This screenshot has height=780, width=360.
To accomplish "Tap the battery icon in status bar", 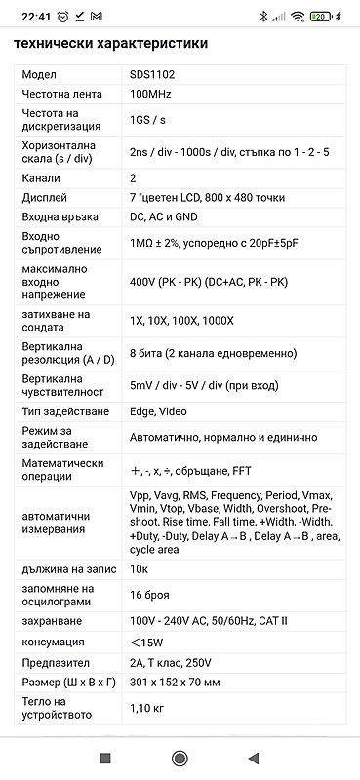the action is tap(319, 17).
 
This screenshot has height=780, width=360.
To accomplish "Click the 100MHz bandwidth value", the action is tap(154, 94).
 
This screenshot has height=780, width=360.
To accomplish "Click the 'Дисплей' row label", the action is tap(44, 197).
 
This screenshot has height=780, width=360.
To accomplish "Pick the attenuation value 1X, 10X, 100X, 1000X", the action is tap(182, 321).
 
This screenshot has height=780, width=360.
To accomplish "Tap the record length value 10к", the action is tap(140, 568).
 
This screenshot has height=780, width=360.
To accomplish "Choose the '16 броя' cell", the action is tap(147, 594).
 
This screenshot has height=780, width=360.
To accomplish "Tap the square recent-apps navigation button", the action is tap(105, 758).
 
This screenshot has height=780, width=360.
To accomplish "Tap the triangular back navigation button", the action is tap(254, 758).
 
